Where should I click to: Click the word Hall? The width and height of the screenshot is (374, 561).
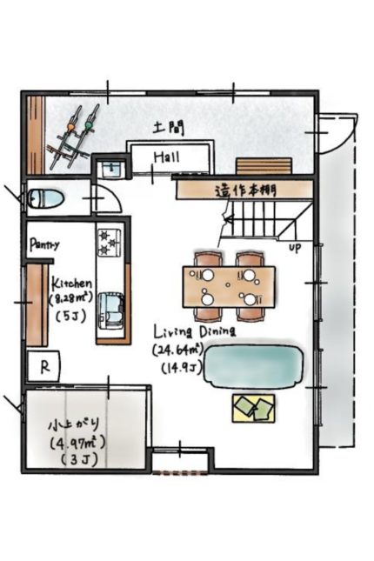[167, 157]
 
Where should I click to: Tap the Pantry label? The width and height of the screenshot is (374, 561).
[44, 244]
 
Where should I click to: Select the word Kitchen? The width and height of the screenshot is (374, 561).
[72, 284]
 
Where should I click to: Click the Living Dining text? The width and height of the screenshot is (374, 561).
[195, 331]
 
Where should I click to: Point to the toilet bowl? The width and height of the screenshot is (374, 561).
[45, 198]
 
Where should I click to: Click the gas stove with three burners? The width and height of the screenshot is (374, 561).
[110, 242]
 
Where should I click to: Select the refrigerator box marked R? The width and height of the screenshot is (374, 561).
[44, 366]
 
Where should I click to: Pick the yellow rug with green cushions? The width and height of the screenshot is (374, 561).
[254, 408]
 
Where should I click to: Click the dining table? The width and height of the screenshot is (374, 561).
[229, 286]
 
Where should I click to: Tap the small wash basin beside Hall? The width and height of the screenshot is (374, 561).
[112, 169]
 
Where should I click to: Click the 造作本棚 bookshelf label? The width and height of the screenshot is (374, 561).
[246, 190]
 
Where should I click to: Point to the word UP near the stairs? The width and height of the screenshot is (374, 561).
[295, 247]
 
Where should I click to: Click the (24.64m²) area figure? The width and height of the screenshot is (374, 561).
[178, 350]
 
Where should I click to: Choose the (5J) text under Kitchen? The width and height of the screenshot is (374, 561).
[71, 317]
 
